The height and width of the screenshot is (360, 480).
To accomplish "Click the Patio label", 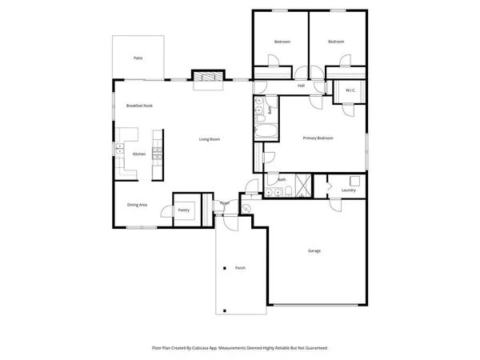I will click(138, 58).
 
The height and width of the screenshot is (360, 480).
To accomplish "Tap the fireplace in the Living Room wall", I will click(206, 77).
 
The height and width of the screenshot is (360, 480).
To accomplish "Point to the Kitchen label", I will click(138, 154).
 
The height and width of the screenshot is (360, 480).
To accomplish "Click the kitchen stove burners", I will click(158, 154).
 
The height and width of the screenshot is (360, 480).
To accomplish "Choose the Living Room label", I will click(210, 139).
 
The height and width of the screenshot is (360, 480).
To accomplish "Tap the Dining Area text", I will click(137, 205).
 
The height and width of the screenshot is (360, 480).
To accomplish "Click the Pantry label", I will click(183, 210).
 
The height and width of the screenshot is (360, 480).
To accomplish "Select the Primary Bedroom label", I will click(318, 138).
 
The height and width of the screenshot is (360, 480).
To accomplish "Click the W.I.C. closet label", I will click(350, 90).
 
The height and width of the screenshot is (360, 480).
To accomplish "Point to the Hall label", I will click(302, 85).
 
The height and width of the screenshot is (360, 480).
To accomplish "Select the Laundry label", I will click(348, 190).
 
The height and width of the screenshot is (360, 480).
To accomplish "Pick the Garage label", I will click(314, 250).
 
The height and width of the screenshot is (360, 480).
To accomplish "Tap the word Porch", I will click(239, 267).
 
